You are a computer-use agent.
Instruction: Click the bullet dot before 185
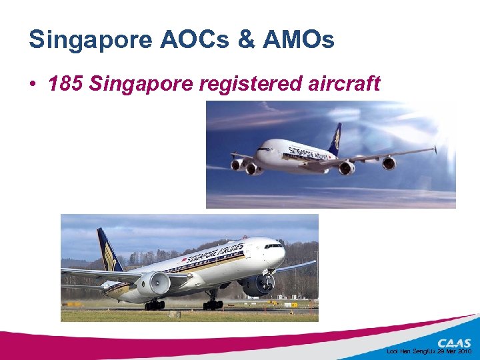pyautogui.click(x=33, y=85)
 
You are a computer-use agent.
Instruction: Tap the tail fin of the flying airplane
pyautogui.click(x=335, y=137)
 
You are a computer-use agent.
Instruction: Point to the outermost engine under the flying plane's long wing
pyautogui.click(x=389, y=163)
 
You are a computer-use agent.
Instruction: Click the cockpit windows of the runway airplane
pyautogui.click(x=274, y=246)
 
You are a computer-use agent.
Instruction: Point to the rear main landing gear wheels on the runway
pyautogui.click(x=154, y=305)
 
